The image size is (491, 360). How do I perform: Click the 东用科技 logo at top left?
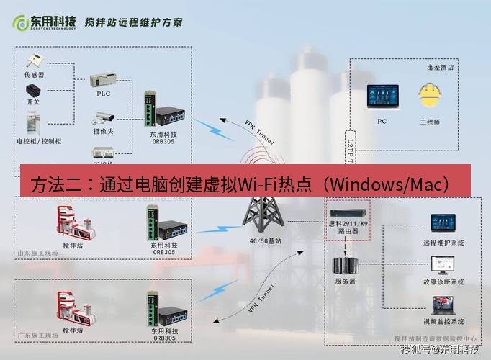pyautogui.click(x=44, y=22)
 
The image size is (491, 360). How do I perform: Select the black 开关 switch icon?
pyautogui.click(x=34, y=91)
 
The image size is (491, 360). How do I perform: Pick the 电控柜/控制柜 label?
pyautogui.click(x=39, y=140)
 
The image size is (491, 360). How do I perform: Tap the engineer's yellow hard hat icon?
pyautogui.click(x=430, y=96)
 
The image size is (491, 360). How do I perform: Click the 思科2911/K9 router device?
pyautogui.click(x=348, y=214)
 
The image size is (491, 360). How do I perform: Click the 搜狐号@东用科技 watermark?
pyautogui.click(x=438, y=351)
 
